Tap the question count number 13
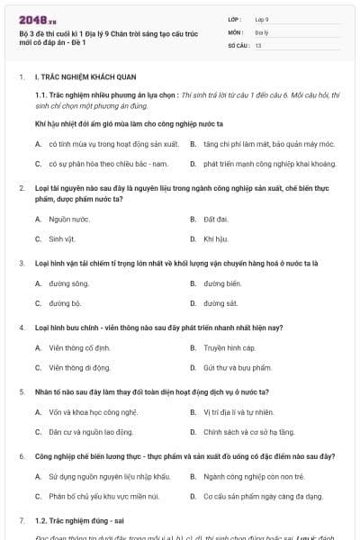pyautogui.click(x=258, y=44)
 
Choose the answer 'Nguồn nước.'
pyautogui.click(x=69, y=219)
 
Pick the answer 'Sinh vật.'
pyautogui.click(x=66, y=238)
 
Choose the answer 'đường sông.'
pyautogui.click(x=69, y=283)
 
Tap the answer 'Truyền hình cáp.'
pyautogui.click(x=229, y=347)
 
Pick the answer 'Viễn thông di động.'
pyautogui.click(x=79, y=367)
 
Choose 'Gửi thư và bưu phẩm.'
pyautogui.click(x=237, y=367)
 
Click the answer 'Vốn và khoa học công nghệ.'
pyautogui.click(x=93, y=412)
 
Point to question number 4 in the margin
pyautogui.click(x=21, y=328)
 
